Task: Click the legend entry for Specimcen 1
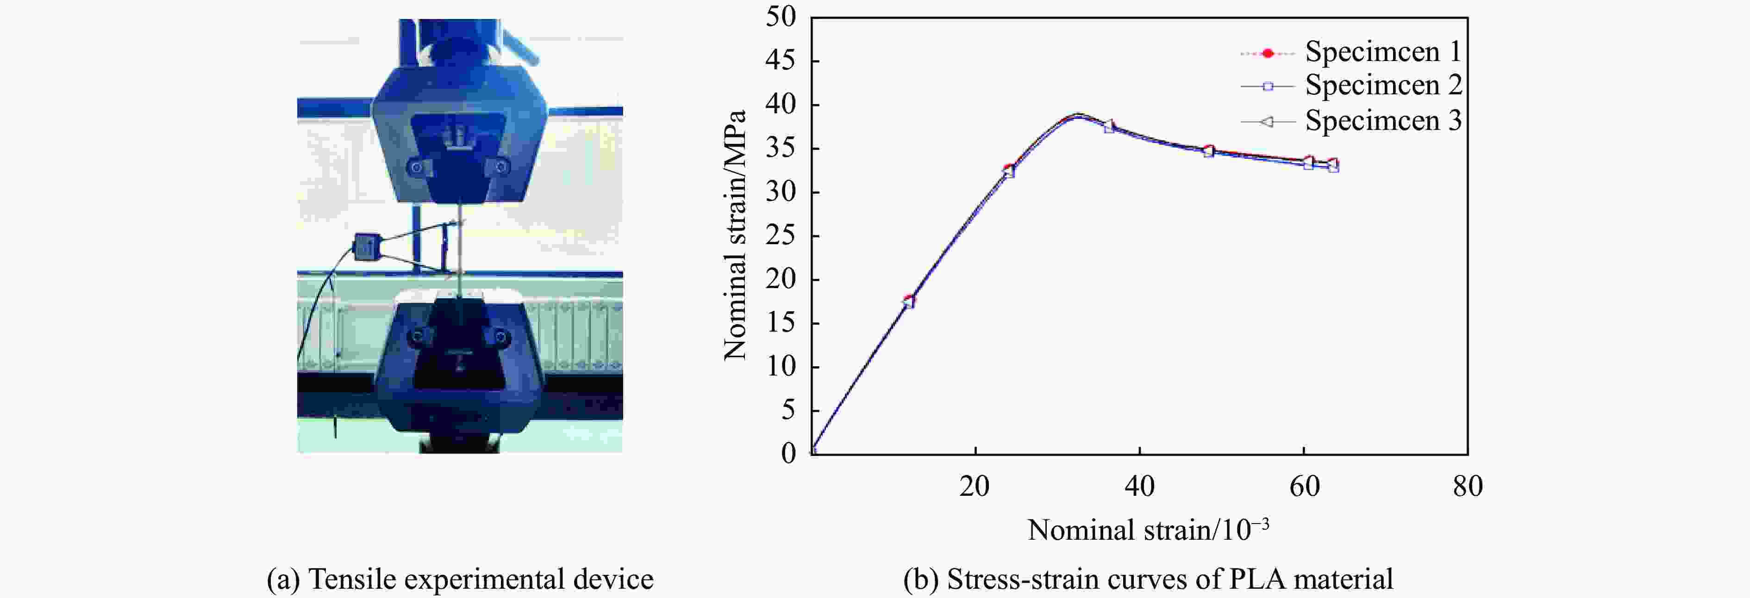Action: click(1382, 52)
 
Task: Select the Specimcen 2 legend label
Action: click(1382, 86)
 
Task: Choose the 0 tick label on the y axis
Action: click(788, 453)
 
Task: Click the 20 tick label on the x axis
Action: click(975, 487)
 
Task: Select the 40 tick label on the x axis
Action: click(1139, 487)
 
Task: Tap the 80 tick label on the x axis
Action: click(1468, 487)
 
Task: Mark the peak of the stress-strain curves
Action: click(1077, 116)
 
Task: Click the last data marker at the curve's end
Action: click(1333, 165)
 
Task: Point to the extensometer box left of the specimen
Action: click(367, 246)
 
